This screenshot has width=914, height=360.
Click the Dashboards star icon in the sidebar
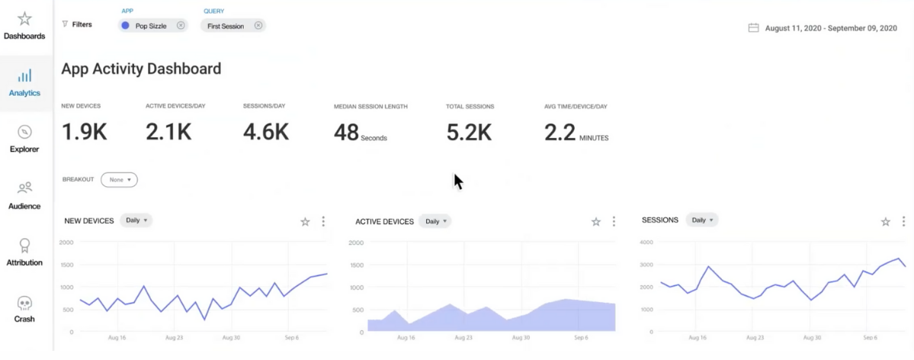pyautogui.click(x=24, y=18)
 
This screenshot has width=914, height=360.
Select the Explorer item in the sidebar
pyautogui.click(x=24, y=131)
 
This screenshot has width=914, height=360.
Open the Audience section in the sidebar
pyautogui.click(x=24, y=188)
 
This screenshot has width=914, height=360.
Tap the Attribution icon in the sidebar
pyautogui.click(x=24, y=245)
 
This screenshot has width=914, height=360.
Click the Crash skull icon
pyautogui.click(x=24, y=303)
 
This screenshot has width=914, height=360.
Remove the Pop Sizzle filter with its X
pyautogui.click(x=181, y=25)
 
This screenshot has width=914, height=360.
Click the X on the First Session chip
pyautogui.click(x=258, y=25)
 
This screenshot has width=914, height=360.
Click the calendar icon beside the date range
pyautogui.click(x=753, y=28)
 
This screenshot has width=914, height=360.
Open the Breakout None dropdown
pyautogui.click(x=119, y=180)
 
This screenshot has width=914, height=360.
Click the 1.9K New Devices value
pyautogui.click(x=84, y=132)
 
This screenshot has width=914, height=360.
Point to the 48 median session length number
pyautogui.click(x=346, y=132)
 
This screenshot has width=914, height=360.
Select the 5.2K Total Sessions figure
pyautogui.click(x=469, y=132)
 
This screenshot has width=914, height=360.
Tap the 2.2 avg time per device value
pyautogui.click(x=559, y=132)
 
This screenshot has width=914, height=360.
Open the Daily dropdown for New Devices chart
pyautogui.click(x=136, y=220)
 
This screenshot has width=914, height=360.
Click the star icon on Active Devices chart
pyautogui.click(x=596, y=222)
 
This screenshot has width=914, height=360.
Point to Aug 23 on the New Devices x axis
pyautogui.click(x=174, y=337)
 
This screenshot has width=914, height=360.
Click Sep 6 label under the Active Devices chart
pyautogui.click(x=580, y=337)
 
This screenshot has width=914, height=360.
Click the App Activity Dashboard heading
pyautogui.click(x=141, y=69)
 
